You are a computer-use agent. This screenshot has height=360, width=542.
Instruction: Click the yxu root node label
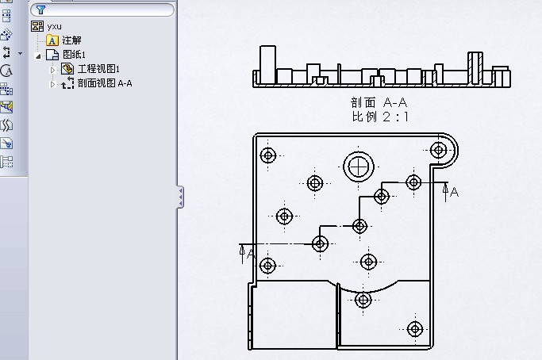tap(54, 26)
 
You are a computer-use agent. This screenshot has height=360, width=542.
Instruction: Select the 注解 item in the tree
tap(71, 40)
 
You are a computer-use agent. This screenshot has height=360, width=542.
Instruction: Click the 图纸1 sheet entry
tap(74, 55)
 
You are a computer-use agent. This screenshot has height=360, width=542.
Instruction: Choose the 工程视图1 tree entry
tap(98, 69)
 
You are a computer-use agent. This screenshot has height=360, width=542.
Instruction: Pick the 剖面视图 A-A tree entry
tap(104, 82)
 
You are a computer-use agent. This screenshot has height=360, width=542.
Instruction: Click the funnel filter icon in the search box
tap(40, 10)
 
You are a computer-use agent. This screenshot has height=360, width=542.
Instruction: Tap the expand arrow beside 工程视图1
tap(53, 70)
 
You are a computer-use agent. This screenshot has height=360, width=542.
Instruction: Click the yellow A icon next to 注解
tap(52, 40)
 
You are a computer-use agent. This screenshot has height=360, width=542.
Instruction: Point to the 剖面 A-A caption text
tap(382, 102)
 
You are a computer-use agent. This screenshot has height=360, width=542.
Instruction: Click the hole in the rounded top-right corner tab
tap(438, 150)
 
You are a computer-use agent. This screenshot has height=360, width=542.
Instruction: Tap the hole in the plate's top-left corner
tap(268, 155)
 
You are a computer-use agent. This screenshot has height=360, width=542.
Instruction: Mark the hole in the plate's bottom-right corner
tap(414, 328)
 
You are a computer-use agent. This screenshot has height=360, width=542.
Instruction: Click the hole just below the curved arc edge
tap(363, 300)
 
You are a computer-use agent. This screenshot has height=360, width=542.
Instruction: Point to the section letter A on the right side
tap(454, 192)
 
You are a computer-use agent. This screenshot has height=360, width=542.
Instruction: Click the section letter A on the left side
tap(251, 254)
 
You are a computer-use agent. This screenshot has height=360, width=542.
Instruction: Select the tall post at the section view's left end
tap(267, 63)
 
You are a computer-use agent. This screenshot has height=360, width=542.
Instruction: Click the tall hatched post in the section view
tap(475, 67)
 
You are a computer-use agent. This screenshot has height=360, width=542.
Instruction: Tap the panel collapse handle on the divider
tap(180, 197)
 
